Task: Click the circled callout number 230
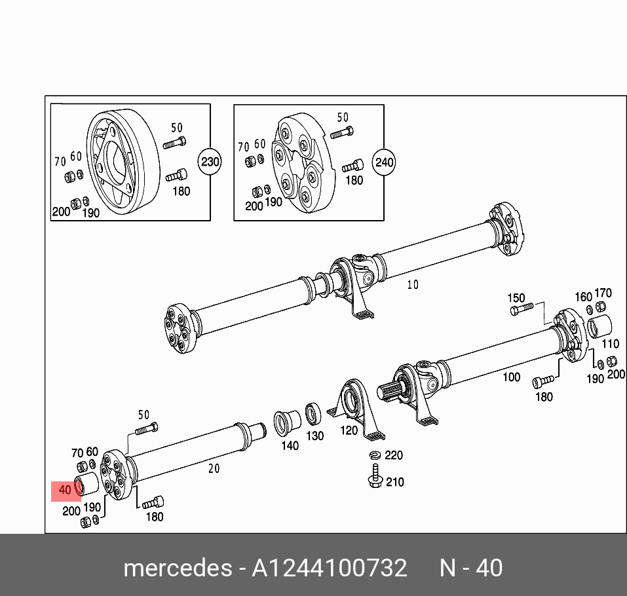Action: point(210,161)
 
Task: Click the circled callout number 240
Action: point(384,161)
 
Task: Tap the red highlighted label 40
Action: point(65,490)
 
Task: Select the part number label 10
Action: point(412,284)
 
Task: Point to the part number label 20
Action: point(214,468)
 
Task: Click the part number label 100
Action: point(511,377)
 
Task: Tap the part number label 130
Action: point(315,436)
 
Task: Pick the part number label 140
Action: point(290,445)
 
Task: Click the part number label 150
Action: point(517,298)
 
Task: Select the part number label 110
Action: point(609,343)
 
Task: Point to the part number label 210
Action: point(394,483)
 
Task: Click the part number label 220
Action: point(394,455)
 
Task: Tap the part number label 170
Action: point(603,293)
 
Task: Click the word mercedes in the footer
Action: point(176,568)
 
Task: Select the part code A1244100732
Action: point(329,568)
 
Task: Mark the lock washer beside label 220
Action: point(375,455)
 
